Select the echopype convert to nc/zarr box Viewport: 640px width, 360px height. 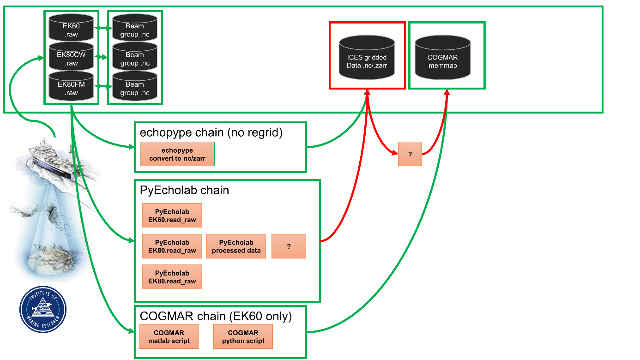pos(177,154)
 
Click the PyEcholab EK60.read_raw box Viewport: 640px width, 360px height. pos(172,216)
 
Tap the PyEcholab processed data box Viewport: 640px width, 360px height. pos(236,246)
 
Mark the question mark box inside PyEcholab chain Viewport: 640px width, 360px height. pos(289,246)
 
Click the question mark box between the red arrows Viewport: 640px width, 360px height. pos(410,154)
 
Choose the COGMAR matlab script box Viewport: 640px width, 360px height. pos(169,336)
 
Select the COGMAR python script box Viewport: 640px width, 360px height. pos(243,336)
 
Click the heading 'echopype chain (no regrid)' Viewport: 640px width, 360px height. pos(211,132)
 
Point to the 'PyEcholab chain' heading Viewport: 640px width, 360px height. pos(184,190)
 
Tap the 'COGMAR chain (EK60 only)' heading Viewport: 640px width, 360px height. pos(216,316)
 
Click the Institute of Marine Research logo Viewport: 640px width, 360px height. pos(43,309)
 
